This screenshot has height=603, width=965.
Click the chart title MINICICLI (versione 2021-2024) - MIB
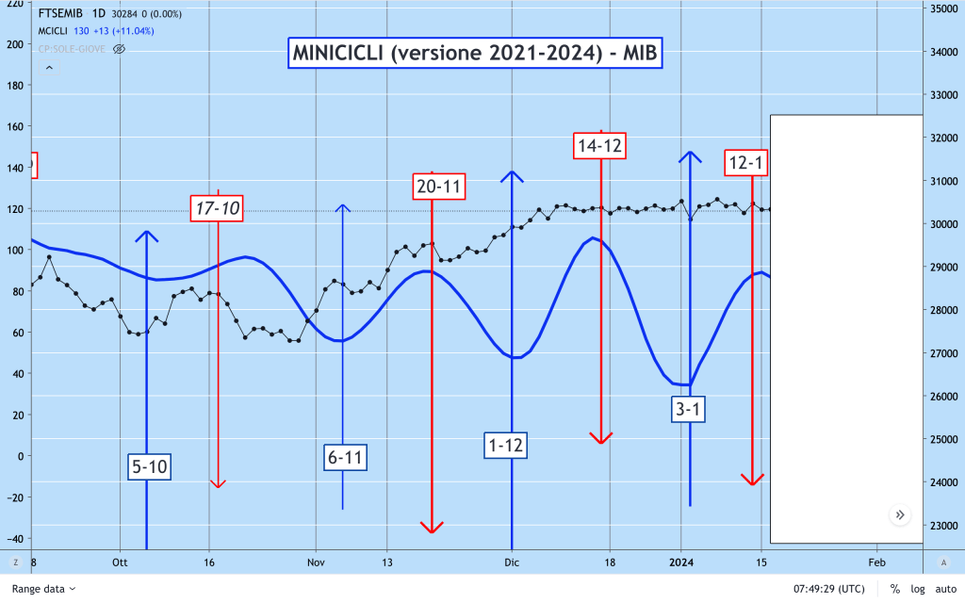475,54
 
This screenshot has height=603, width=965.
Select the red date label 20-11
439,187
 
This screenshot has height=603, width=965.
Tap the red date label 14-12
600,145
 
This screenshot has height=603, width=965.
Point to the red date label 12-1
746,163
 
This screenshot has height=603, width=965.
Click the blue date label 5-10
150,465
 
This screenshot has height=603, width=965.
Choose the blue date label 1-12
506,445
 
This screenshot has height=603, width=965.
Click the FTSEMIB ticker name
63,14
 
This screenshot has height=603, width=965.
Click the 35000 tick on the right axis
942,8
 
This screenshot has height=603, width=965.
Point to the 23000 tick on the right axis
942,525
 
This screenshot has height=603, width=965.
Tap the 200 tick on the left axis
15,44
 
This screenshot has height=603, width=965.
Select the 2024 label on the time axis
681,562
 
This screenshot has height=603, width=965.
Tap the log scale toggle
917,589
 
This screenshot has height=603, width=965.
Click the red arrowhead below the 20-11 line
432,526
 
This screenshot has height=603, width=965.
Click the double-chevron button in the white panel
900,514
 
